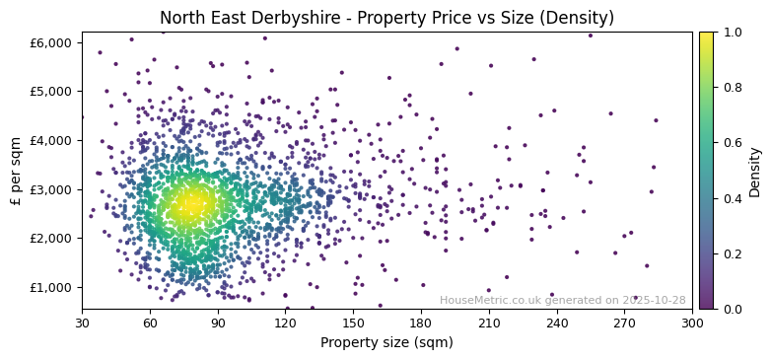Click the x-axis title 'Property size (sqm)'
pyautogui.click(x=386, y=343)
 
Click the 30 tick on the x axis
pyautogui.click(x=82, y=322)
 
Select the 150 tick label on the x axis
pyautogui.click(x=353, y=322)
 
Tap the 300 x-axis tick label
pyautogui.click(x=692, y=322)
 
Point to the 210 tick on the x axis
pyautogui.click(x=489, y=322)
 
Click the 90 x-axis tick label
pyautogui.click(x=218, y=322)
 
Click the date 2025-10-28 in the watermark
pyautogui.click(x=654, y=301)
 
